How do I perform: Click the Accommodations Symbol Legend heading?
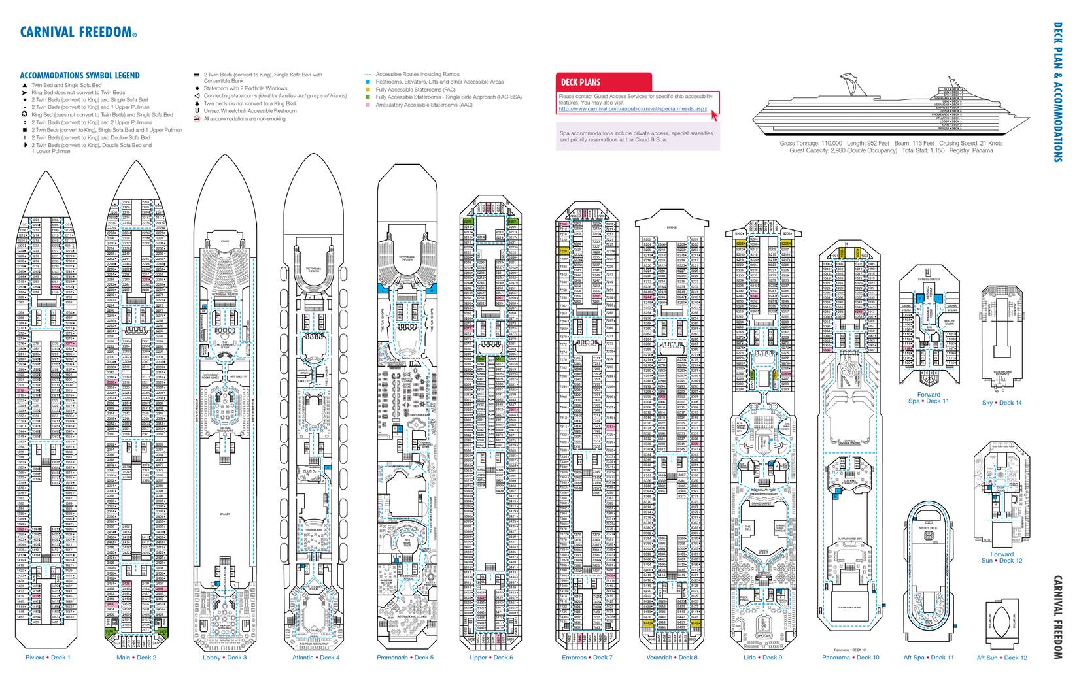tap(80, 76)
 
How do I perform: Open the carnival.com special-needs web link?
tap(633, 109)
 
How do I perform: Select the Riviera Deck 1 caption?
tap(48, 658)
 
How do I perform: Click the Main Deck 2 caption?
tap(137, 658)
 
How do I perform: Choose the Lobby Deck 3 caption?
tap(225, 658)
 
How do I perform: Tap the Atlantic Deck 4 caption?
tap(316, 658)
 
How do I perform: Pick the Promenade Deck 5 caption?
tap(405, 658)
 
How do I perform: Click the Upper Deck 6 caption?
tap(491, 658)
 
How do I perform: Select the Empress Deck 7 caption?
tap(587, 658)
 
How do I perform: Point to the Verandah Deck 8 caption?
tap(672, 658)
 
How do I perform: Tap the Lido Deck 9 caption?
tap(762, 658)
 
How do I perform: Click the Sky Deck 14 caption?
tap(1002, 403)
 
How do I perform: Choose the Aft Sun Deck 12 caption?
tap(1002, 658)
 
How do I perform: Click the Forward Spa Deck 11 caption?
tap(929, 398)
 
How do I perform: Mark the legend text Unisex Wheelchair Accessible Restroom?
tap(250, 111)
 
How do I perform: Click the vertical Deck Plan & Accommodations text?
tap(1057, 92)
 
